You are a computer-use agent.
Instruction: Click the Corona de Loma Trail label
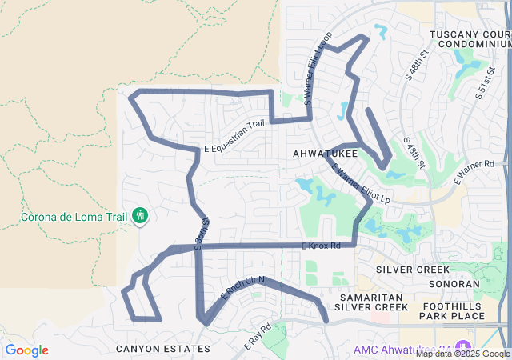(x=69, y=217)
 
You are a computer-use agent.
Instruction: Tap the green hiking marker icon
(x=140, y=215)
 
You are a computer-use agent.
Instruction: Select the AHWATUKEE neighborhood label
(x=325, y=153)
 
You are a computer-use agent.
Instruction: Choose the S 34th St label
(x=203, y=233)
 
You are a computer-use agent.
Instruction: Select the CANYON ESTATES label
(x=163, y=349)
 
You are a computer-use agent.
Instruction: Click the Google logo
(x=26, y=350)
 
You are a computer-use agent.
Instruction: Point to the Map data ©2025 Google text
(x=462, y=354)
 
